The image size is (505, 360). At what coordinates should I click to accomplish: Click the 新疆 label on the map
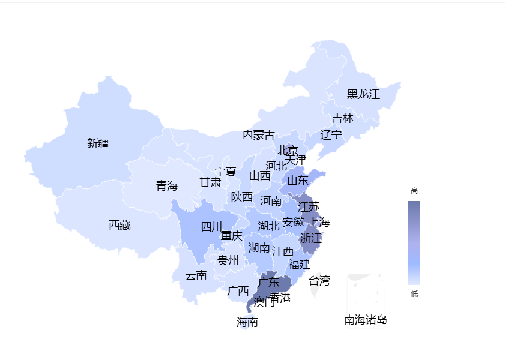tap(98, 143)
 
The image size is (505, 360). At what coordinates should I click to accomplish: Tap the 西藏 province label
tap(119, 225)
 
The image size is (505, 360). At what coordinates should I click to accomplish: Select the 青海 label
tap(166, 185)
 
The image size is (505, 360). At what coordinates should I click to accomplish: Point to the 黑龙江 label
tap(363, 94)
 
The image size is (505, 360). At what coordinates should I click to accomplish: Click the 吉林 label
tap(343, 118)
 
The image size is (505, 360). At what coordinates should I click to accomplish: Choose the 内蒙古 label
tap(258, 135)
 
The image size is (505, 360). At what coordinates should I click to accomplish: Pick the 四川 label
tap(211, 226)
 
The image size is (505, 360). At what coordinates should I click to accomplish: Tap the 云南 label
tap(196, 275)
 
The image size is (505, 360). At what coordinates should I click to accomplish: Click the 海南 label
tap(247, 322)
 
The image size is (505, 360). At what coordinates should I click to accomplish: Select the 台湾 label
tap(319, 280)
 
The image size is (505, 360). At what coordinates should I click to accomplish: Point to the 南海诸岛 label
tap(365, 320)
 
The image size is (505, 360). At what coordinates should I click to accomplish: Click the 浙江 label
tap(310, 238)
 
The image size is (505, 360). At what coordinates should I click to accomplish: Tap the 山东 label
tap(297, 180)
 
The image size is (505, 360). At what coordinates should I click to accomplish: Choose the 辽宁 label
tap(331, 134)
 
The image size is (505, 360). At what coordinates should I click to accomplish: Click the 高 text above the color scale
tap(414, 190)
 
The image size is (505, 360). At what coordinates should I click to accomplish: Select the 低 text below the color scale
tap(414, 293)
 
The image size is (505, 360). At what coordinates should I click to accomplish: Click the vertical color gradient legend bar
tap(414, 242)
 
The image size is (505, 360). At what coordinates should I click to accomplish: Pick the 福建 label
tap(299, 264)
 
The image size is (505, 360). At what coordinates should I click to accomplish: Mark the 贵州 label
tap(228, 260)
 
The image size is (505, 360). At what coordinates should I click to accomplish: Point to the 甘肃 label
tap(210, 182)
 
